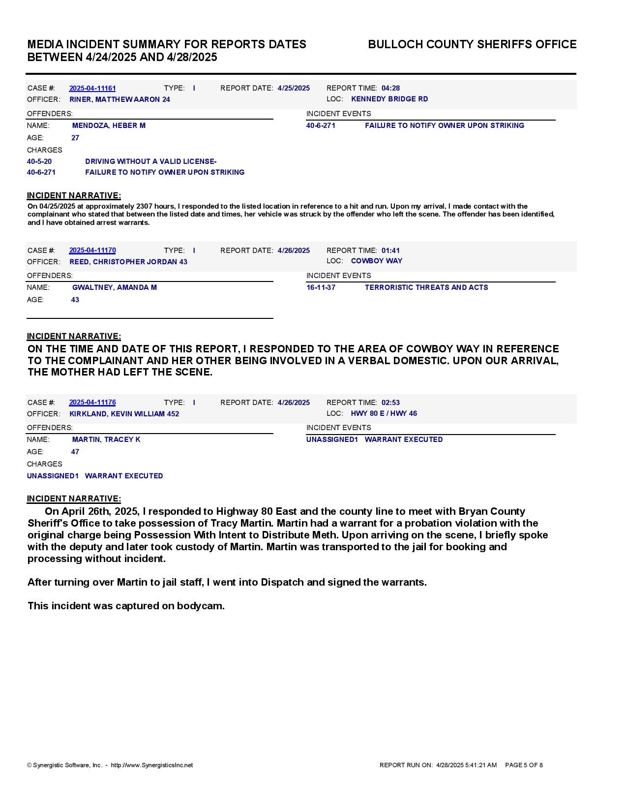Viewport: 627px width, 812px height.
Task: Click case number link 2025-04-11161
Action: point(92,88)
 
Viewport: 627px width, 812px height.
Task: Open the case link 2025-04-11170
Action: point(92,250)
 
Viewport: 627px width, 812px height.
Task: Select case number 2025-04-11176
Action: point(92,403)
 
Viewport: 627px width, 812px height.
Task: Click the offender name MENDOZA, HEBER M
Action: point(109,125)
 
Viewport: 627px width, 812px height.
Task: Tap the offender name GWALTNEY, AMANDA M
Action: point(114,287)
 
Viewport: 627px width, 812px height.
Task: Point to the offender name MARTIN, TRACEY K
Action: point(106,439)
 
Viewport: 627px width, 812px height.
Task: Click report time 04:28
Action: point(390,88)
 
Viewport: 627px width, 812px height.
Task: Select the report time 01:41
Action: point(390,250)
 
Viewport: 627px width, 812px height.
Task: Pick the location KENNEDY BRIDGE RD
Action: point(389,99)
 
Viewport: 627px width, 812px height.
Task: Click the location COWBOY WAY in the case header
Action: point(376,261)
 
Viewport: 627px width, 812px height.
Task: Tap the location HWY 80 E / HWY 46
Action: point(384,413)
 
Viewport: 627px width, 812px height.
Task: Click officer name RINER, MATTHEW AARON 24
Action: point(119,99)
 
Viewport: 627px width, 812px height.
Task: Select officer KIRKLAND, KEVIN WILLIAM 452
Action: point(124,414)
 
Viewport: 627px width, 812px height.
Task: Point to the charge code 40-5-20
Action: point(39,161)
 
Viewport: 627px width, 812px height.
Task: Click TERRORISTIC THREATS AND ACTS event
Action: point(426,287)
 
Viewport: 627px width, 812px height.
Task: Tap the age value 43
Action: point(75,300)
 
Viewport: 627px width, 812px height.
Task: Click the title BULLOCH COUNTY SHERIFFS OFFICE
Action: point(472,45)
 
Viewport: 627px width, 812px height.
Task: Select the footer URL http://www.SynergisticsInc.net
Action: point(152,765)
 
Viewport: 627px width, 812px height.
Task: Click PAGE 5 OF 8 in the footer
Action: point(524,765)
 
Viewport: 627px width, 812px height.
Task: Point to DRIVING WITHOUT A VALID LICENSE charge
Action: point(150,161)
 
